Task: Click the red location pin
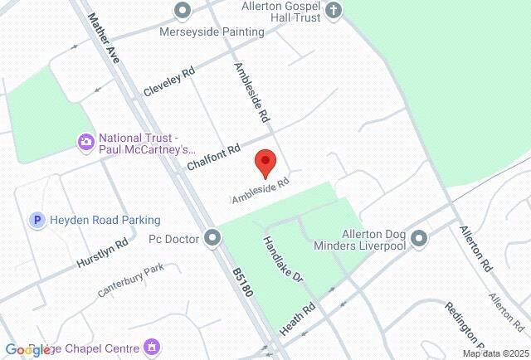(x=265, y=163)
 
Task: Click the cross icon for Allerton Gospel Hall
(x=334, y=11)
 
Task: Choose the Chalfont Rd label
(x=213, y=157)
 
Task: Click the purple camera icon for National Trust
(x=85, y=143)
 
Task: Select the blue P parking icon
(x=36, y=220)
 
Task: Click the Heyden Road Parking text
(x=105, y=220)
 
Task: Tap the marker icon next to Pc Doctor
(x=213, y=239)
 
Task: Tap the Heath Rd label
(x=298, y=319)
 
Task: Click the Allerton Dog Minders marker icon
(x=419, y=239)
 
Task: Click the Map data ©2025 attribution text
(x=495, y=353)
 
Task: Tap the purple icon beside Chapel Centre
(x=151, y=345)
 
